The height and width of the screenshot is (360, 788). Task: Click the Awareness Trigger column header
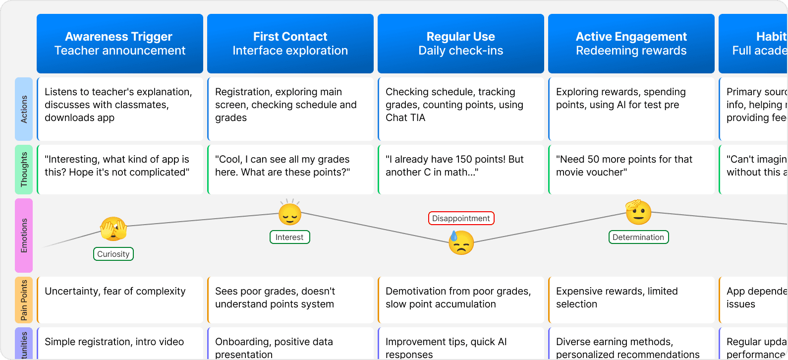click(x=120, y=44)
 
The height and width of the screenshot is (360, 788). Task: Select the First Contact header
click(x=290, y=44)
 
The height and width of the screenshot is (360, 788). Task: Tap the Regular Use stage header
click(x=461, y=44)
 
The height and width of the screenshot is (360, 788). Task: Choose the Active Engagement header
click(x=631, y=44)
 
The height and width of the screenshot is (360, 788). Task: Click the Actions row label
click(x=24, y=109)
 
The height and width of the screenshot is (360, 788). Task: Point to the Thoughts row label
click(x=24, y=170)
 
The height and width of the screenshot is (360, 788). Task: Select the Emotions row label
click(x=24, y=236)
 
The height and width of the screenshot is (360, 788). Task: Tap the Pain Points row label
click(x=24, y=300)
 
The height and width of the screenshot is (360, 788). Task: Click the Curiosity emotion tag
click(x=113, y=254)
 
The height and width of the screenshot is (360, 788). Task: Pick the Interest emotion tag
click(x=290, y=237)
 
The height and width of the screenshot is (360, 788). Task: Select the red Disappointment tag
click(x=461, y=218)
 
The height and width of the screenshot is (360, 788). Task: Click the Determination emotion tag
click(x=638, y=237)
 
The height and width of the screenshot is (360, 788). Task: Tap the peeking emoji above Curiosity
click(x=113, y=229)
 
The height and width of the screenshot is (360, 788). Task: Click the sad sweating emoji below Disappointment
click(x=461, y=242)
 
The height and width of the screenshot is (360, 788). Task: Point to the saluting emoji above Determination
click(x=638, y=212)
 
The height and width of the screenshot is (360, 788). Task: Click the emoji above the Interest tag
click(x=290, y=214)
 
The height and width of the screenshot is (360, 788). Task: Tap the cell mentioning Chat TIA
click(x=461, y=109)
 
